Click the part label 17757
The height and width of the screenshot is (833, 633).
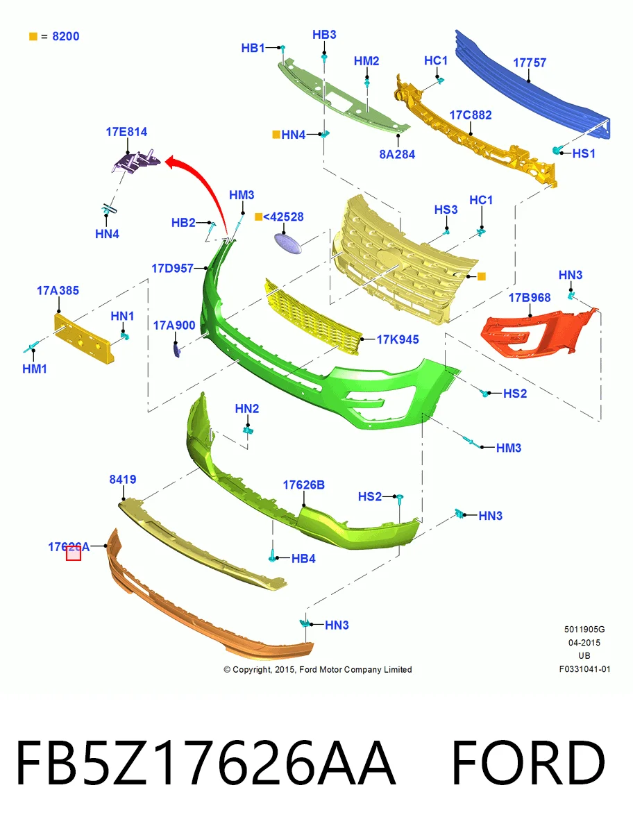point(530,62)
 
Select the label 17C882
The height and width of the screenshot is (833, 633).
point(471,115)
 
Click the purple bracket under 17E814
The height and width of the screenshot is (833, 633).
point(136,162)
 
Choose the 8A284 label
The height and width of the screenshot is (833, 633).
point(397,154)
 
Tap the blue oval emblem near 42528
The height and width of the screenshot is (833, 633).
point(288,243)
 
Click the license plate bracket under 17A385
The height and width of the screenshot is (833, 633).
point(83,338)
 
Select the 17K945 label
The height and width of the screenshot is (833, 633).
point(398,339)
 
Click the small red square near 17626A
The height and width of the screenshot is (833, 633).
point(73,553)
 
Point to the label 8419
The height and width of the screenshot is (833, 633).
point(122,479)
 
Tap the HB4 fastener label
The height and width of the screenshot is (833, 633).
point(303,558)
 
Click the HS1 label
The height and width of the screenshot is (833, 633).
point(584,153)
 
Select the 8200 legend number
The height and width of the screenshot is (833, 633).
point(66,36)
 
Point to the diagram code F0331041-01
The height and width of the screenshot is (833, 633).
point(584,668)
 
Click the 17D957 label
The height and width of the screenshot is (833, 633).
point(172,269)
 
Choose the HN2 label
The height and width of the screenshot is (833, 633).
point(247,408)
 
